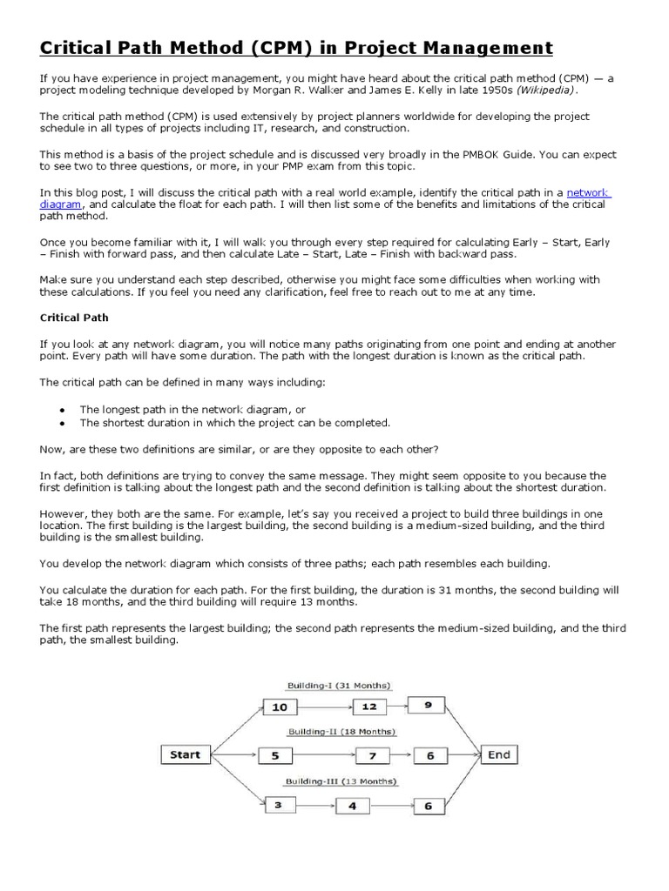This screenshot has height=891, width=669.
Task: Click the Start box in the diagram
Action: tap(186, 754)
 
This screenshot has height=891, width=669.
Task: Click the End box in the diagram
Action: tap(499, 754)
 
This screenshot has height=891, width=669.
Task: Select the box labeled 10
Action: tap(280, 707)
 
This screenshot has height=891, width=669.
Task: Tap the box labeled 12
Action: tap(369, 706)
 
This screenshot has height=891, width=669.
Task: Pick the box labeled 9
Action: tap(428, 705)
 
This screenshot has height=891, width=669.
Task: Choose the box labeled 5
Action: tap(275, 756)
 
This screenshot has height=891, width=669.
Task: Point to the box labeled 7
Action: tap(373, 756)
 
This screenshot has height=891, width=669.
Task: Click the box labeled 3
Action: tap(278, 806)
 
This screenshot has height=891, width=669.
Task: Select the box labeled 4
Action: tap(352, 807)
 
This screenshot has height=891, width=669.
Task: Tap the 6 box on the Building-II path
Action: tap(429, 756)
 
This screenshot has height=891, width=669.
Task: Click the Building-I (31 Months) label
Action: tap(339, 685)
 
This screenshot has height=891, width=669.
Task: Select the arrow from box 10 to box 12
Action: tap(324, 707)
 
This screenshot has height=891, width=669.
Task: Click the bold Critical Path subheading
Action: tap(74, 318)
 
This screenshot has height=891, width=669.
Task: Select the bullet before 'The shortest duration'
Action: tap(62, 423)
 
